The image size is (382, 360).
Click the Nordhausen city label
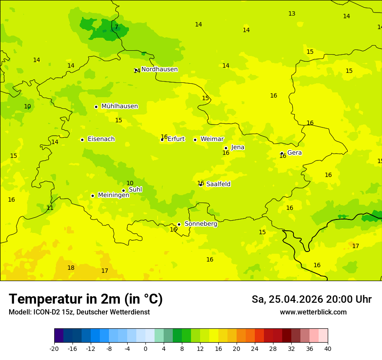[x=159, y=69]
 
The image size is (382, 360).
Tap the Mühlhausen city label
[x=119, y=106]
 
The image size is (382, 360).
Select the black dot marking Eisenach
[x=82, y=140]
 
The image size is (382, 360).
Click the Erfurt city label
[x=176, y=139]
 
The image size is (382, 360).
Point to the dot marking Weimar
[x=195, y=140]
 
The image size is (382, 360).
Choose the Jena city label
[x=237, y=147]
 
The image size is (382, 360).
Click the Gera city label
[x=294, y=153]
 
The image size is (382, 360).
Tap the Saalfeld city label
[x=218, y=184]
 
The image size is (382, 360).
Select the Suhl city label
[x=135, y=190]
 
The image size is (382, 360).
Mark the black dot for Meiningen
[x=92, y=196]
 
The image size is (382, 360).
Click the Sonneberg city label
[x=201, y=224]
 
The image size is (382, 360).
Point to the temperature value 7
[x=116, y=27]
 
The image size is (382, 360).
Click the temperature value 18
[x=71, y=268]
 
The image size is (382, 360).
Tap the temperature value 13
[x=292, y=14]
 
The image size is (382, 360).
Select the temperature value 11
[x=50, y=208]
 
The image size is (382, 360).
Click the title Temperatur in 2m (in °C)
[x=86, y=299]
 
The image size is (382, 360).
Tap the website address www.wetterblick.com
[x=313, y=312]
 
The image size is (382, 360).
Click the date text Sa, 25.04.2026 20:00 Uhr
[x=311, y=299]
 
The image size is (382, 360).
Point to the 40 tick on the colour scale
[x=327, y=348]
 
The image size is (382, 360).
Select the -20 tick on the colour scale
[x=54, y=348]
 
